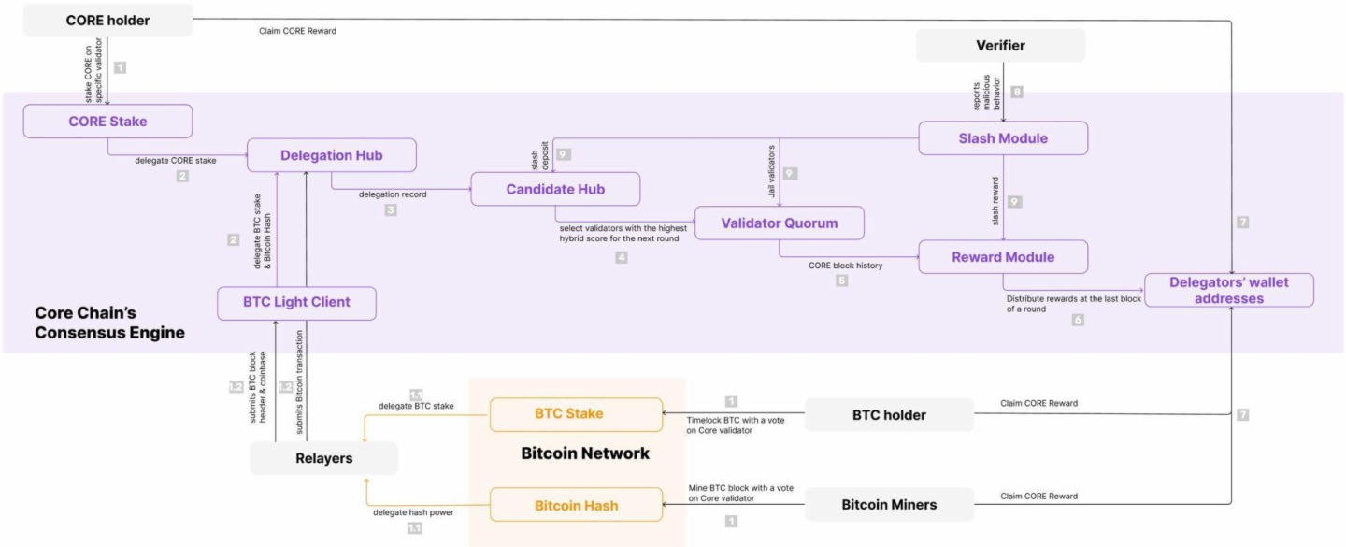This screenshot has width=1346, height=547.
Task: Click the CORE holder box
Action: click(107, 21)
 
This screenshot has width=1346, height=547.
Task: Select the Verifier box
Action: click(1000, 45)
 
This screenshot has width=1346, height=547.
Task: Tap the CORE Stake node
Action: click(107, 122)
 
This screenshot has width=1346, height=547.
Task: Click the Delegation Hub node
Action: click(331, 155)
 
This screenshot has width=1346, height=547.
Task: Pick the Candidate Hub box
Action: click(555, 189)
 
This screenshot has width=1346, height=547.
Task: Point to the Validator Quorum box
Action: click(779, 223)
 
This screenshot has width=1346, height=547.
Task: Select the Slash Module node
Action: click(1003, 138)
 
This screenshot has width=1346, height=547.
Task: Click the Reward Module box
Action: click(1003, 257)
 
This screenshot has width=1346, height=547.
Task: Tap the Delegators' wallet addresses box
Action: click(1229, 291)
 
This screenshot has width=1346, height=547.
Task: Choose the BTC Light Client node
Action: click(296, 303)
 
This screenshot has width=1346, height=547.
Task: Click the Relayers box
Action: click(323, 458)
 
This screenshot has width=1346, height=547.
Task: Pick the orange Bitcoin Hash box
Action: click(575, 506)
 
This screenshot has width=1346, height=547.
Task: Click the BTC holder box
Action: click(889, 414)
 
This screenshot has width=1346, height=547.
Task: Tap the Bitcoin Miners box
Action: click(889, 505)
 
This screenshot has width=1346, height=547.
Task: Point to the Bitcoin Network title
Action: click(584, 453)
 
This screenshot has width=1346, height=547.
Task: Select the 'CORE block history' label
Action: click(845, 265)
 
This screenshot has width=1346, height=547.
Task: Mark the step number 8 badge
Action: click(1017, 92)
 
